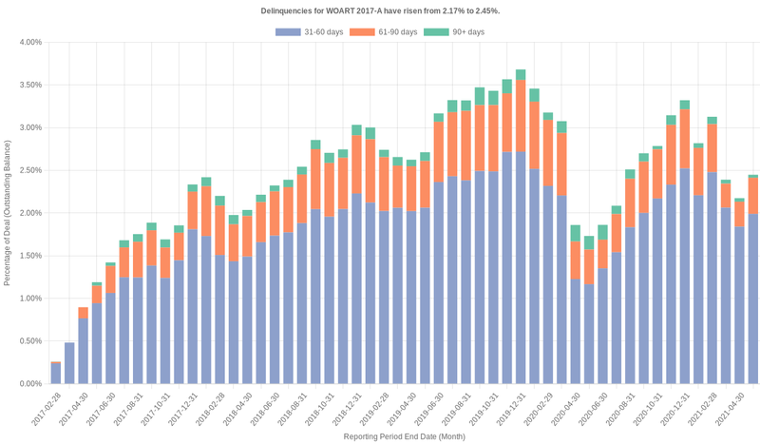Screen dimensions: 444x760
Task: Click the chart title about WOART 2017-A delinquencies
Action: coord(380,10)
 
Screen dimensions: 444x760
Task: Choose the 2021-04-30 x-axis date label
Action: coord(740,406)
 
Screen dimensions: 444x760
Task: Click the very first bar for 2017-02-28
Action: coord(56,373)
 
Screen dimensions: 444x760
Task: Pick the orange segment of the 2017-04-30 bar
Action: coord(84,313)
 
